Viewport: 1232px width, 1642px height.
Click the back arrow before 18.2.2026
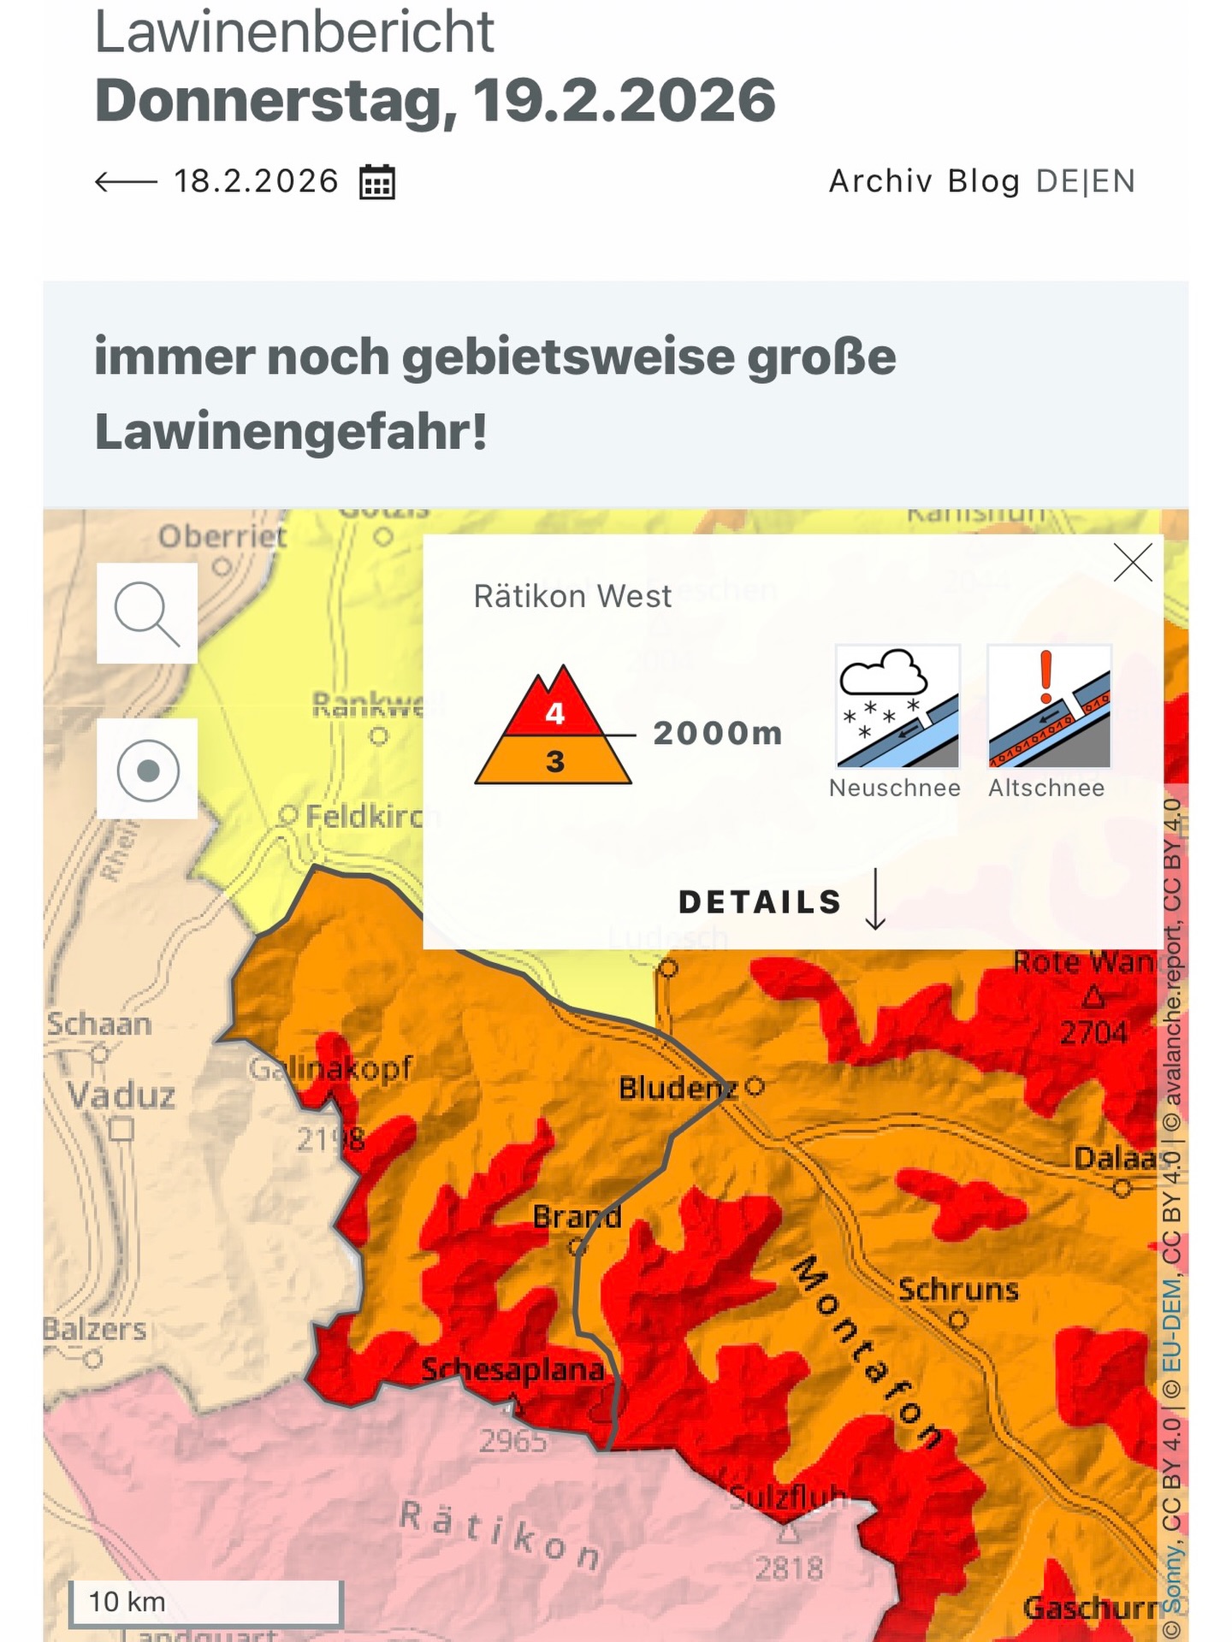[x=126, y=181]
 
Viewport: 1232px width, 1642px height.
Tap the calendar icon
[x=376, y=181]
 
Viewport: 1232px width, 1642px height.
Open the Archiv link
[x=880, y=181]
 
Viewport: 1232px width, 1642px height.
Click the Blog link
[x=984, y=181]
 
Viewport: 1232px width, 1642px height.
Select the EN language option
[x=1113, y=181]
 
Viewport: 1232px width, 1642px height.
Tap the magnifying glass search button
[x=147, y=613]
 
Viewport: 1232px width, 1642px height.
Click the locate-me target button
[x=147, y=770]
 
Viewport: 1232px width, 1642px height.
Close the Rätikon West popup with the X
[x=1133, y=564]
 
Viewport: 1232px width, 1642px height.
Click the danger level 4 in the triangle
[x=555, y=713]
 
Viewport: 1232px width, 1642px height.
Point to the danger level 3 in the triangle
[x=555, y=761]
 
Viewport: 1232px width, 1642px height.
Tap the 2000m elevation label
[x=718, y=734]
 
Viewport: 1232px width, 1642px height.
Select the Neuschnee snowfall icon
[x=897, y=706]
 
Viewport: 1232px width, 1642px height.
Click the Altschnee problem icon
[x=1049, y=706]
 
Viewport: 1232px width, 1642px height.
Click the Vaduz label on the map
[x=121, y=1096]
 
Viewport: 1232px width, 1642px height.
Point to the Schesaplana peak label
[x=513, y=1370]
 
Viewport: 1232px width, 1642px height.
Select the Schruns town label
[x=958, y=1290]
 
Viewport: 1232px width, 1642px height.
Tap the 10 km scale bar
[x=205, y=1602]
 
